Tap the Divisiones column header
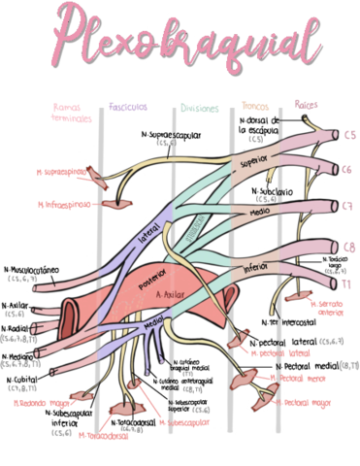pos(199,108)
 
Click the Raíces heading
pos(306,104)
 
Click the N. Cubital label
pos(26,381)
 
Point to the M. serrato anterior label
pos(333,308)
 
